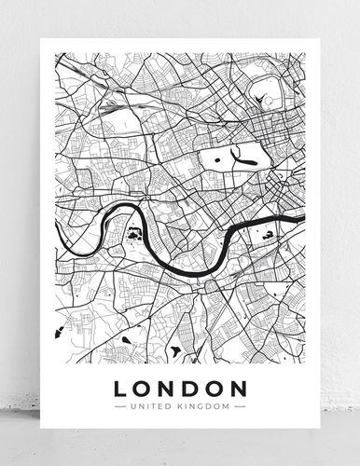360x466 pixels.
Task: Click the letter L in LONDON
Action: [x=120, y=386]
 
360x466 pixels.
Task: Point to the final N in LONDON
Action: [x=237, y=386]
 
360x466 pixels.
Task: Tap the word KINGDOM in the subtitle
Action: [x=205, y=405]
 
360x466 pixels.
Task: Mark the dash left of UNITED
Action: [x=118, y=405]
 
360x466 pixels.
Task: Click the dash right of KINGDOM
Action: [x=240, y=405]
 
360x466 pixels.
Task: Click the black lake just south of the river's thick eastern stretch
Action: [x=270, y=237]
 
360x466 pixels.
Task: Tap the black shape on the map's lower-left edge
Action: [x=58, y=331]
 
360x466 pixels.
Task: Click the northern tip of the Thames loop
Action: [x=121, y=207]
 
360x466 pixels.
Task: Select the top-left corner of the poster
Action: [x=43, y=42]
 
